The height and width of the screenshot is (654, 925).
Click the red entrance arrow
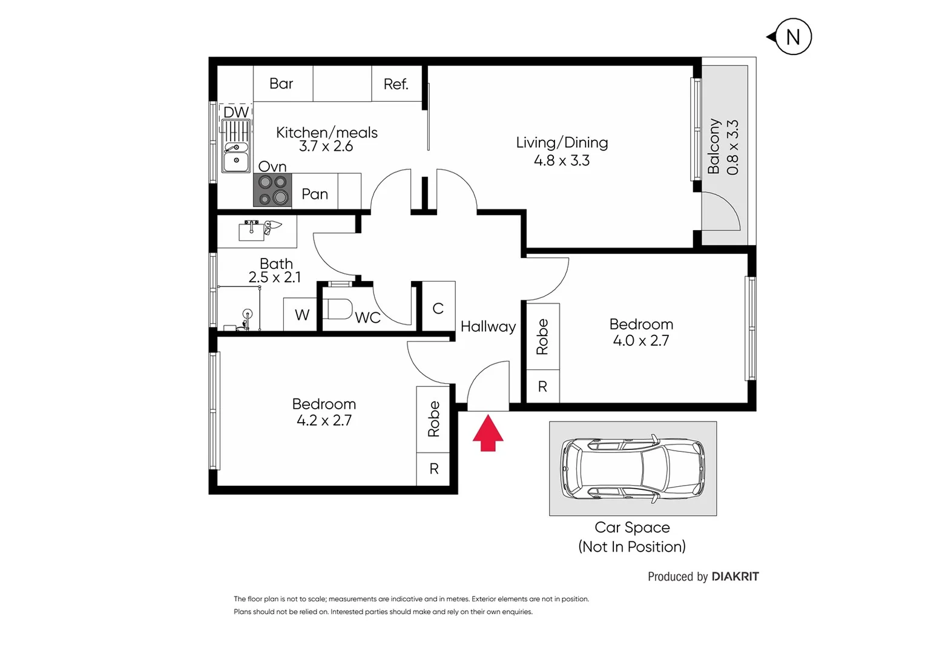coord(487,433)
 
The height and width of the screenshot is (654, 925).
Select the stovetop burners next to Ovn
coord(272,190)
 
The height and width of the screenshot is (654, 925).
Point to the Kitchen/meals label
coord(326,133)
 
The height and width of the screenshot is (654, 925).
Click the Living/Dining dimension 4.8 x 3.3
coord(561,160)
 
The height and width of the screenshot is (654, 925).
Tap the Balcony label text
coord(714,147)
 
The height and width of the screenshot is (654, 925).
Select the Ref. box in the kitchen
coord(396,84)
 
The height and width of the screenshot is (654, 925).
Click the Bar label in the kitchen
coord(281,84)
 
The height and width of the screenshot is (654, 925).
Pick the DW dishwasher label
coord(235,112)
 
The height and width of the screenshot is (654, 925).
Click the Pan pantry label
coord(314,194)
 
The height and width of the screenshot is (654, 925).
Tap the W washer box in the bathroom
coord(301,315)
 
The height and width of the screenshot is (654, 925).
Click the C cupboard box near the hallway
coord(438,308)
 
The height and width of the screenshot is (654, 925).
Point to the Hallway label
coord(488,326)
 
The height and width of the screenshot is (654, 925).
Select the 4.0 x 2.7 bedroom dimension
coord(640,340)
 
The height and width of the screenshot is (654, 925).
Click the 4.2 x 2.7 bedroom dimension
coord(324,420)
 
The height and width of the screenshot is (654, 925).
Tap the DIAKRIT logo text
coord(735,576)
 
